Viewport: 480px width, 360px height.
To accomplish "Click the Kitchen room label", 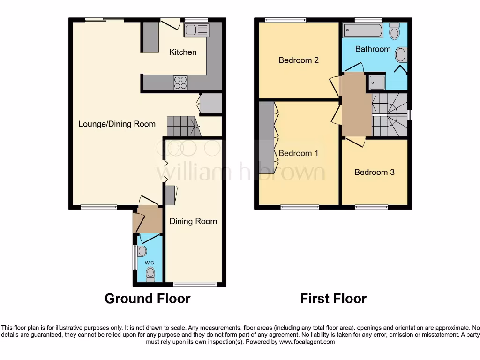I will point(183,52).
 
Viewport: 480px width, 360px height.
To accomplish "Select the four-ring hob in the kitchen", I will point(181,82).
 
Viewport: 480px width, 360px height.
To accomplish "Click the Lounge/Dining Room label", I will point(117,124).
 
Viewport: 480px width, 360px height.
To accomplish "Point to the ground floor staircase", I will point(182,126).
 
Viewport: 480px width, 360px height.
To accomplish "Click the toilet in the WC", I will point(150,273).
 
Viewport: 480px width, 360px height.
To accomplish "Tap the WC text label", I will point(149,263).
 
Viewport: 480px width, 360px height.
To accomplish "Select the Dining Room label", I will point(193,221).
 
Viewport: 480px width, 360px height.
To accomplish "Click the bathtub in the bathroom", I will point(363,31).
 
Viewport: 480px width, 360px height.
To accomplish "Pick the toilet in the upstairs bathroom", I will point(394,31).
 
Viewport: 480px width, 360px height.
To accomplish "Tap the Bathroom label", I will point(373,49).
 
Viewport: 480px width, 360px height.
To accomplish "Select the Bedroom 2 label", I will point(299,60).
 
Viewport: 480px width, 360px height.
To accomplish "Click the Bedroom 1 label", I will point(299,153).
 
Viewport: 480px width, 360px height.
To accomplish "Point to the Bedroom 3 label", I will point(375,172).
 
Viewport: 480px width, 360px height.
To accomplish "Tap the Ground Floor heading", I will point(147,299).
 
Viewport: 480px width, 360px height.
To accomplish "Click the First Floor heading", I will point(333,299).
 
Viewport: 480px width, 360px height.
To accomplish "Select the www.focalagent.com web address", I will point(307,342).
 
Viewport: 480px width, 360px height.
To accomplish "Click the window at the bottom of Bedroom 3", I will point(371,207).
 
